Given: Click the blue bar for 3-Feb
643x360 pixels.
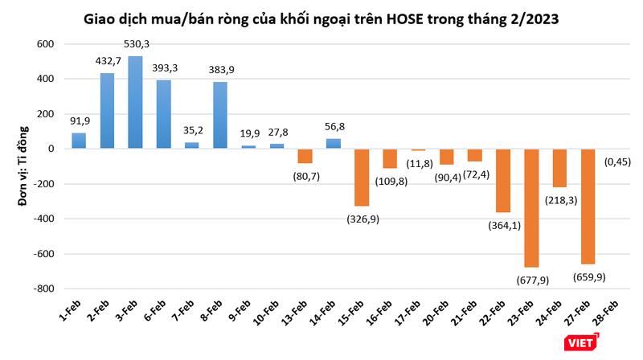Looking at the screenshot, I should [x=135, y=102].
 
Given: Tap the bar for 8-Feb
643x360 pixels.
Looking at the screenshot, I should [x=219, y=115].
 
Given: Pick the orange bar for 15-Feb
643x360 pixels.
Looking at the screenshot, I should [x=361, y=177].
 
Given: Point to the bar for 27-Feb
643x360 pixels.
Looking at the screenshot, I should [x=588, y=206].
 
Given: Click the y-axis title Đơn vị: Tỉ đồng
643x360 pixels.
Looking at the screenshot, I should [x=23, y=169].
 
